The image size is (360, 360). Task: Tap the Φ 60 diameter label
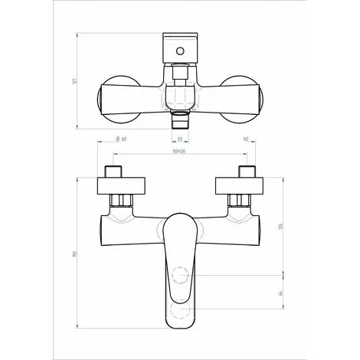(121, 139)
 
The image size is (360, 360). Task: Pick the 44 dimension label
(281, 293)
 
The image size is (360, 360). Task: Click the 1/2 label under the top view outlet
(178, 139)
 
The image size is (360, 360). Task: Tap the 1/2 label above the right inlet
(244, 139)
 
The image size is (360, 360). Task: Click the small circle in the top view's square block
(180, 52)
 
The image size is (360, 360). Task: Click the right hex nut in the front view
(241, 202)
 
